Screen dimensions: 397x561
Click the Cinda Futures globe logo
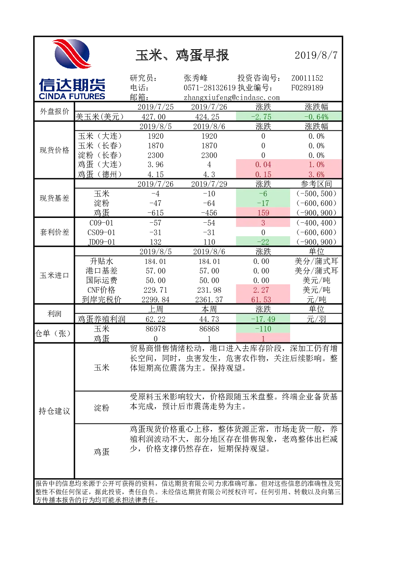click(x=72, y=54)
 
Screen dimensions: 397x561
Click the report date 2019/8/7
click(x=316, y=55)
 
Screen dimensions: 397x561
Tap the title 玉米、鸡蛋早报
click(x=182, y=55)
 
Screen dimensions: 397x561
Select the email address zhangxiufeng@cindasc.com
click(x=232, y=97)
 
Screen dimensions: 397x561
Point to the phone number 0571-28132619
click(x=210, y=88)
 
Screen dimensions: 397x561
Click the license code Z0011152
click(x=307, y=78)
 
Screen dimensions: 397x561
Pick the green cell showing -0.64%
click(x=316, y=117)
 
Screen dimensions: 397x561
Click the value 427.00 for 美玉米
click(x=155, y=117)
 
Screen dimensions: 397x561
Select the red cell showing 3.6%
click(x=316, y=174)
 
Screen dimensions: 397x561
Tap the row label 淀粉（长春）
click(x=100, y=155)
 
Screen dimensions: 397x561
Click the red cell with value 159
click(x=263, y=213)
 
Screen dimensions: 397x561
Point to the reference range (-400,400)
click(x=316, y=223)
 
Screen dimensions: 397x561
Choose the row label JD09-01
click(x=102, y=242)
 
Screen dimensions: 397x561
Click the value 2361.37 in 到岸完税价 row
click(x=209, y=299)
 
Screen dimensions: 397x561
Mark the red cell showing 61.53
click(x=263, y=299)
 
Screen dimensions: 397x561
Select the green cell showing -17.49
click(x=263, y=319)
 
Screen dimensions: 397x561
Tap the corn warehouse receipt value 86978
click(x=155, y=329)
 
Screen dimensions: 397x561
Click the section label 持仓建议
click(x=54, y=411)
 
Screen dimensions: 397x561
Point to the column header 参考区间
click(x=316, y=184)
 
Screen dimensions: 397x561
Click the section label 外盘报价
click(x=54, y=111)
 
